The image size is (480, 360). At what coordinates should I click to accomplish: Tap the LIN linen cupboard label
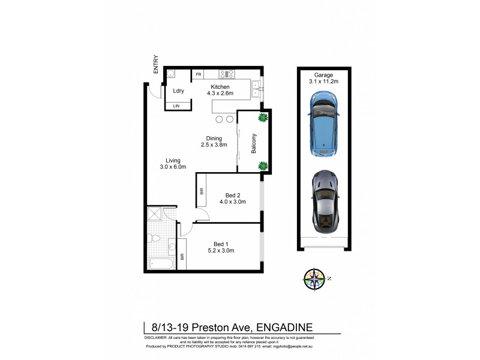(177, 106)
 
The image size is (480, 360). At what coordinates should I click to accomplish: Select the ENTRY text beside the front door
(156, 64)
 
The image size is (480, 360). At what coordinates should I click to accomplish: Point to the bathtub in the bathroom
(160, 262)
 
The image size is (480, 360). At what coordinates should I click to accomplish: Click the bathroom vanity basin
(172, 245)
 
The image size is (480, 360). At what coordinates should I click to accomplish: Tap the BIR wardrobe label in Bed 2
(202, 191)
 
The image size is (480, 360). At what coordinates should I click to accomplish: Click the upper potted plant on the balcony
(262, 118)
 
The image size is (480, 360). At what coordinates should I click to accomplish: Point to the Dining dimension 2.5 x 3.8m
(214, 145)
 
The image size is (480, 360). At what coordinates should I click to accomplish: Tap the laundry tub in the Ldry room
(170, 74)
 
